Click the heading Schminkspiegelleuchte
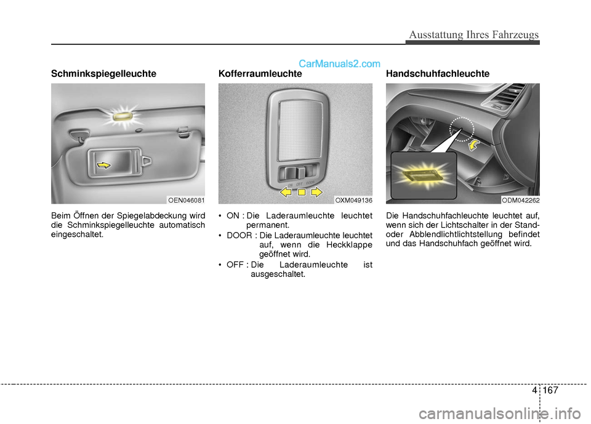click(103, 73)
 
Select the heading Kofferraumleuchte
click(260, 73)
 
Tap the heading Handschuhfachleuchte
click(438, 73)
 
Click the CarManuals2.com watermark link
click(339, 64)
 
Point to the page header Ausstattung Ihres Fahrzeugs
click(474, 34)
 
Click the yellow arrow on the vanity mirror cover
click(103, 165)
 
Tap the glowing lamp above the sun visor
click(123, 115)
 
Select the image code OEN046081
click(186, 200)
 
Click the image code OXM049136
click(353, 200)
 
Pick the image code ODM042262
click(521, 200)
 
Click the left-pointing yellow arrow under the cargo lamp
click(285, 192)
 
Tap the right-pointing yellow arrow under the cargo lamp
click(316, 192)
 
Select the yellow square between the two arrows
click(302, 193)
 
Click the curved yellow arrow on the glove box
click(474, 145)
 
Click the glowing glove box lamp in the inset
click(422, 175)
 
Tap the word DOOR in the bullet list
click(239, 236)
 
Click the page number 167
click(550, 390)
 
